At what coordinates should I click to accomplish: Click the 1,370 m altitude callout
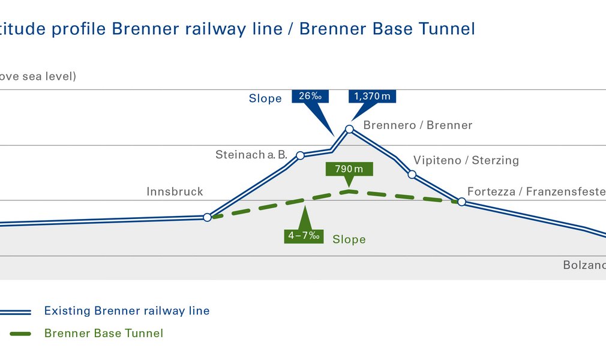click(x=373, y=97)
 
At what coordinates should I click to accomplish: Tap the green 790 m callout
click(x=349, y=169)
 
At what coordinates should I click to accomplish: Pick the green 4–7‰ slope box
click(x=304, y=236)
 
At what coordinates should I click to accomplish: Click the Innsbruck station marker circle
click(x=208, y=217)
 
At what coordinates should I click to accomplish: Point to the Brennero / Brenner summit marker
click(x=349, y=129)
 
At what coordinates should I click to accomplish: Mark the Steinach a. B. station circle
click(x=301, y=155)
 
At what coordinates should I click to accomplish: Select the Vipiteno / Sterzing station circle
click(x=412, y=175)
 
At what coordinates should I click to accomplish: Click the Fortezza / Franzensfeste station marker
click(x=462, y=202)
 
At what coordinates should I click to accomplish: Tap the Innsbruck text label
click(x=175, y=192)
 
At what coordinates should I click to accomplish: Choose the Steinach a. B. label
click(x=251, y=155)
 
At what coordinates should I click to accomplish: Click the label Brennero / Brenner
click(x=418, y=125)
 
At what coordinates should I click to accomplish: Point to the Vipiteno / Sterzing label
click(x=466, y=160)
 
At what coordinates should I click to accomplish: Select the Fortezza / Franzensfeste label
click(x=536, y=192)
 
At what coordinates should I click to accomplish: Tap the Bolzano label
click(x=584, y=265)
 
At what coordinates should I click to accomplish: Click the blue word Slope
click(x=265, y=98)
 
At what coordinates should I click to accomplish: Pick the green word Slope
click(x=349, y=239)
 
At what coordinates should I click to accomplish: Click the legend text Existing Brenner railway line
click(x=127, y=311)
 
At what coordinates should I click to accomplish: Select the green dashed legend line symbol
click(x=14, y=333)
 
